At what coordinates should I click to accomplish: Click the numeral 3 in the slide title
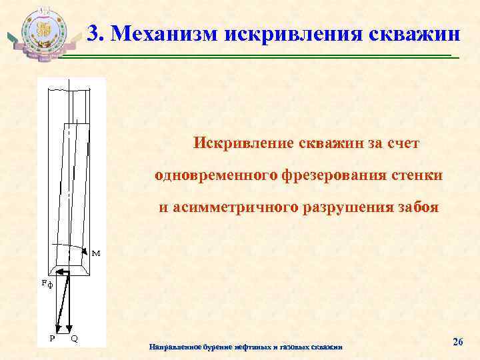click(x=94, y=32)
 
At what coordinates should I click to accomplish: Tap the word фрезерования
click(x=327, y=175)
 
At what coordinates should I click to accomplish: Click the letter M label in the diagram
click(x=96, y=254)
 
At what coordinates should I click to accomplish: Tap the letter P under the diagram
click(x=52, y=337)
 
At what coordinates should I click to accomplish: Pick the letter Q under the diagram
click(x=74, y=337)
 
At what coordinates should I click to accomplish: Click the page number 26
click(x=457, y=342)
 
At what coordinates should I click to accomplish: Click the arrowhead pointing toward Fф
click(x=57, y=272)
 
